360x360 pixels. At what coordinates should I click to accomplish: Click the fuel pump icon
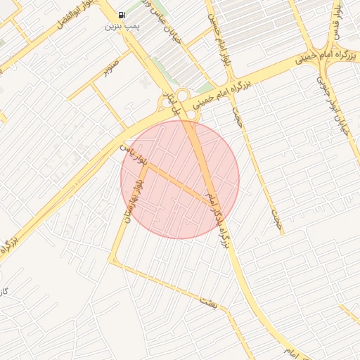[122, 15]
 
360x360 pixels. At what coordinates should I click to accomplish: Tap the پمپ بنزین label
[119, 27]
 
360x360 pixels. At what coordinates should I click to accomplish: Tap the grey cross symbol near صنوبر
[146, 83]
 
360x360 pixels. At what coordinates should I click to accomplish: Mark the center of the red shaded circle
[180, 179]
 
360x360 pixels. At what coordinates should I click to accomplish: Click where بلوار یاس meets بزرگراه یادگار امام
[212, 205]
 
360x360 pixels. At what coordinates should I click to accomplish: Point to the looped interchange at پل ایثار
[181, 98]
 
